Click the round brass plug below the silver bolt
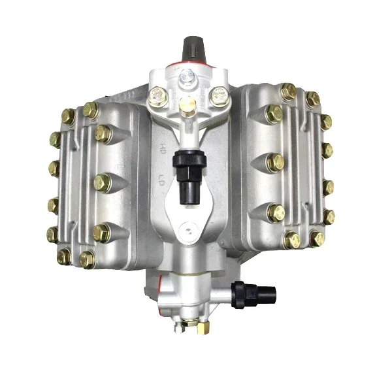[187, 104]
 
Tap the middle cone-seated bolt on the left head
[101, 182]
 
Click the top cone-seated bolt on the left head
[102, 133]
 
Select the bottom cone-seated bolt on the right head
[276, 213]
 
